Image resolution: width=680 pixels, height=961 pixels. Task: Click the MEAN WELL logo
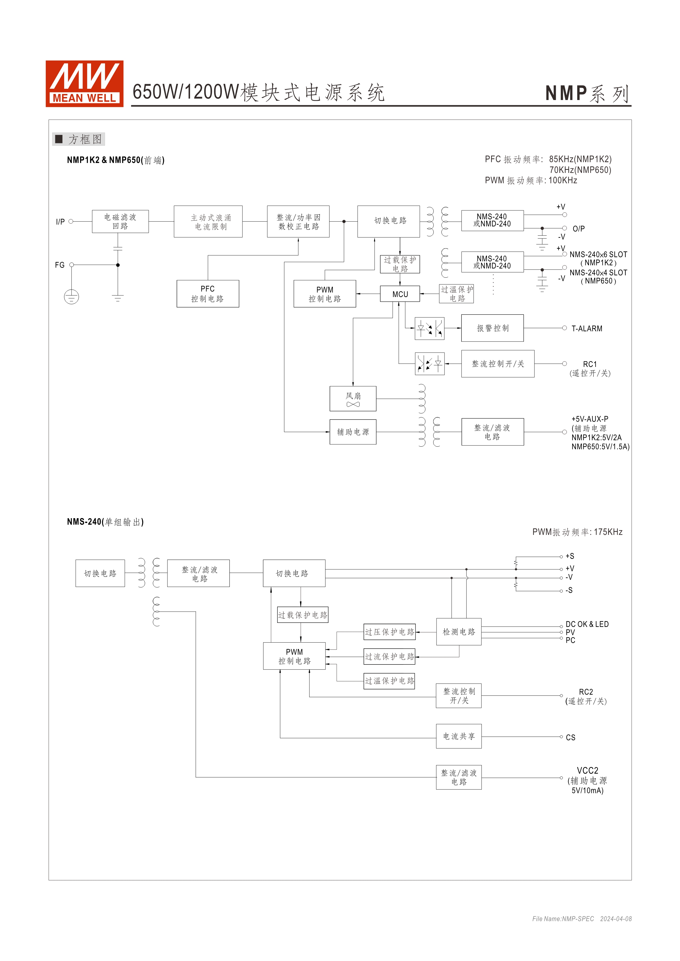click(x=84, y=84)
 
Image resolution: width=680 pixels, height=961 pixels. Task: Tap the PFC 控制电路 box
click(x=208, y=294)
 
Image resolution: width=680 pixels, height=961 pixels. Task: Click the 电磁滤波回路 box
click(x=120, y=221)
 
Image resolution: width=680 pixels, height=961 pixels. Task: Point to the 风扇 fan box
click(x=353, y=399)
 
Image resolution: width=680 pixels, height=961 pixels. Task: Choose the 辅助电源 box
click(x=353, y=432)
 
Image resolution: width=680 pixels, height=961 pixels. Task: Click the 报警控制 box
click(x=492, y=328)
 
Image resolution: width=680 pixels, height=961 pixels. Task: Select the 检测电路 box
click(x=459, y=632)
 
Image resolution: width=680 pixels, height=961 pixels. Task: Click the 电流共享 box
click(x=459, y=736)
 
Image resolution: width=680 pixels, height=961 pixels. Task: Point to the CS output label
click(x=570, y=737)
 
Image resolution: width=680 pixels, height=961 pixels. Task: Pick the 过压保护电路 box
click(x=389, y=632)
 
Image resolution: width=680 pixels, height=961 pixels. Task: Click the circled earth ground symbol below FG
click(x=72, y=297)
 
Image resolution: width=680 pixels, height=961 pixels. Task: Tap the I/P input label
click(x=60, y=222)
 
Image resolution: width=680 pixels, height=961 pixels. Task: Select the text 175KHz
click(x=608, y=532)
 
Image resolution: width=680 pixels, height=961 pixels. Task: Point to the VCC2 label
click(x=588, y=771)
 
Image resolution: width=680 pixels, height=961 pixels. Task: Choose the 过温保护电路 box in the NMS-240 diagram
click(x=389, y=681)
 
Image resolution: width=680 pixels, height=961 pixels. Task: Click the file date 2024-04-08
click(x=616, y=919)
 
